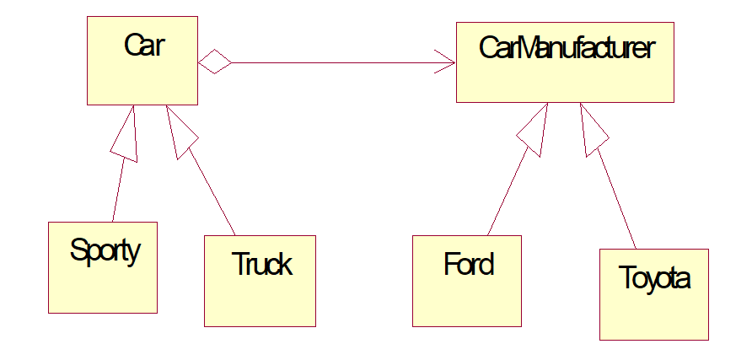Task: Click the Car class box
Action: (x=142, y=76)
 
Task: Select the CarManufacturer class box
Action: (x=565, y=80)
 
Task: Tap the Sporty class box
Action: (x=103, y=282)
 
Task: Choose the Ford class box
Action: (x=466, y=295)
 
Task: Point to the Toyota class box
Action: (x=653, y=308)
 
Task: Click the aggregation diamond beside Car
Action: (x=215, y=62)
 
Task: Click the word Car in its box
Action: (x=143, y=46)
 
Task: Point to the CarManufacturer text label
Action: (x=566, y=49)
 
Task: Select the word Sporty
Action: (x=105, y=250)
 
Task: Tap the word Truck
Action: (x=262, y=265)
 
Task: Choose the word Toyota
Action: (x=654, y=278)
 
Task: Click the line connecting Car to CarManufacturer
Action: (x=337, y=62)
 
